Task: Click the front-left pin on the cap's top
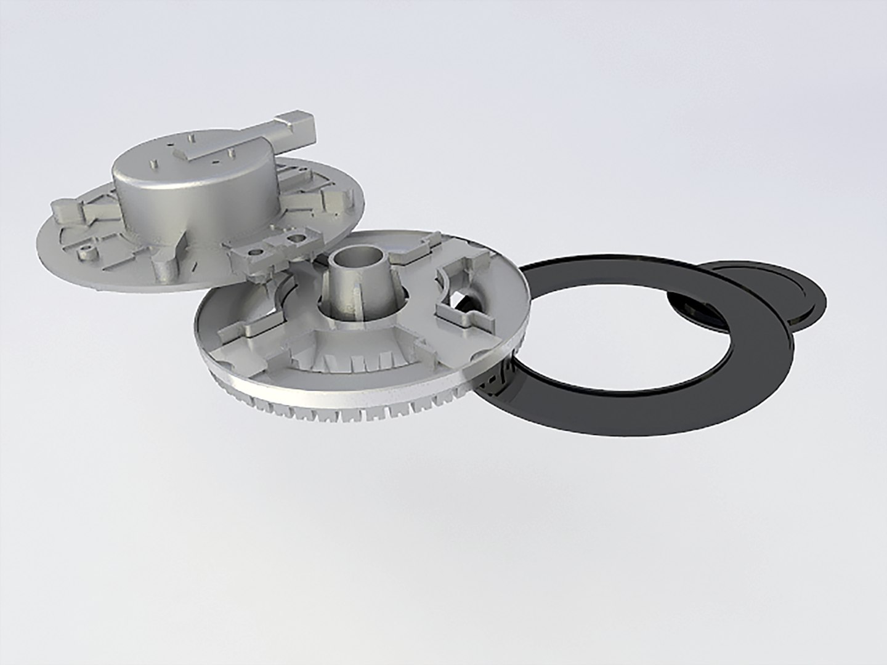(x=152, y=165)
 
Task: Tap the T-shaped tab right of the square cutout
(x=474, y=320)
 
